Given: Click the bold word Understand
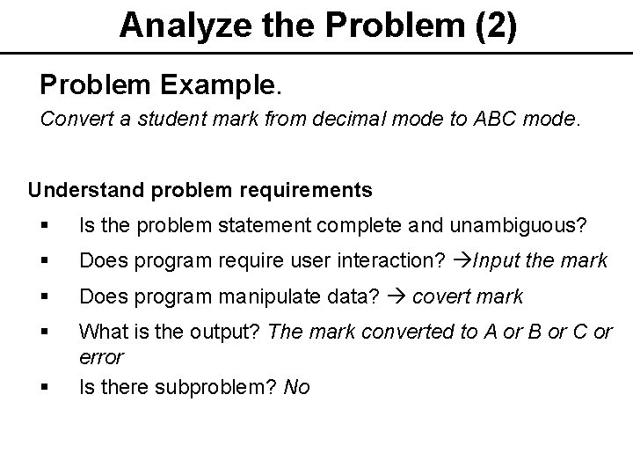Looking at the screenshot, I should coord(79,190).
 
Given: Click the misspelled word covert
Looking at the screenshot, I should coord(439,296).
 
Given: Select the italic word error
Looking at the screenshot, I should coord(101,358).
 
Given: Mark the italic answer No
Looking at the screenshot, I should coord(296,386).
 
